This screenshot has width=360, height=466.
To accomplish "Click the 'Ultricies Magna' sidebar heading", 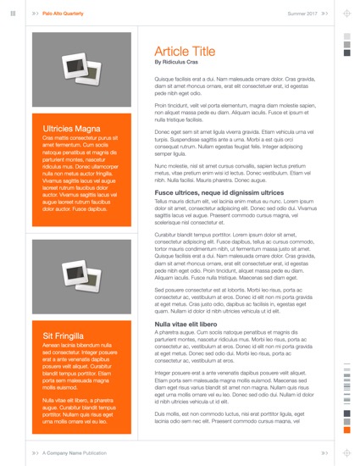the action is coord(67,129).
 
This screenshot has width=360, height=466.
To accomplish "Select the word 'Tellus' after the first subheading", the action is coord(163,203).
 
